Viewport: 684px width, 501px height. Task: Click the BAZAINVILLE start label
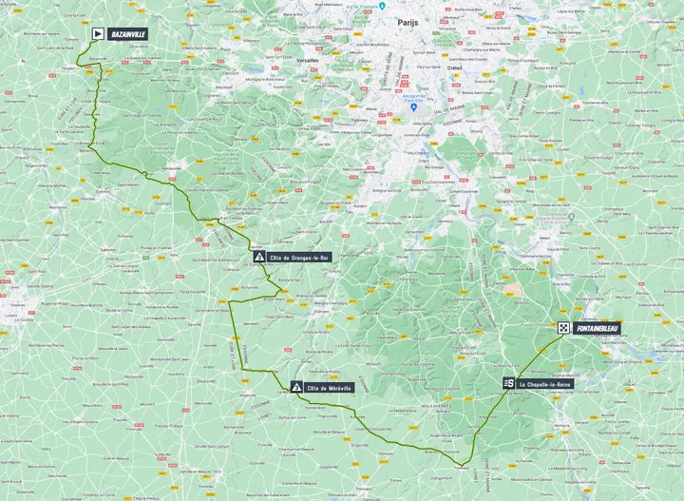pyautogui.click(x=128, y=33)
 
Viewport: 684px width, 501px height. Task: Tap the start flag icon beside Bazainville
pyautogui.click(x=98, y=33)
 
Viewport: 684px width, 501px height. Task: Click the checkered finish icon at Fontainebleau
pyautogui.click(x=564, y=328)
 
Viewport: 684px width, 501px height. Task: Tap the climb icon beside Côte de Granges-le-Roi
pyautogui.click(x=259, y=257)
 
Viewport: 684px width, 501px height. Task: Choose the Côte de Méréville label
pyautogui.click(x=329, y=387)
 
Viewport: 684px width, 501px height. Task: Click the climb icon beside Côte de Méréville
pyautogui.click(x=297, y=387)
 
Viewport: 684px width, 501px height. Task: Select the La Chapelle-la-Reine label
pyautogui.click(x=546, y=383)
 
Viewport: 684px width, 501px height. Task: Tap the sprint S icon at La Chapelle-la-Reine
pyautogui.click(x=509, y=383)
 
